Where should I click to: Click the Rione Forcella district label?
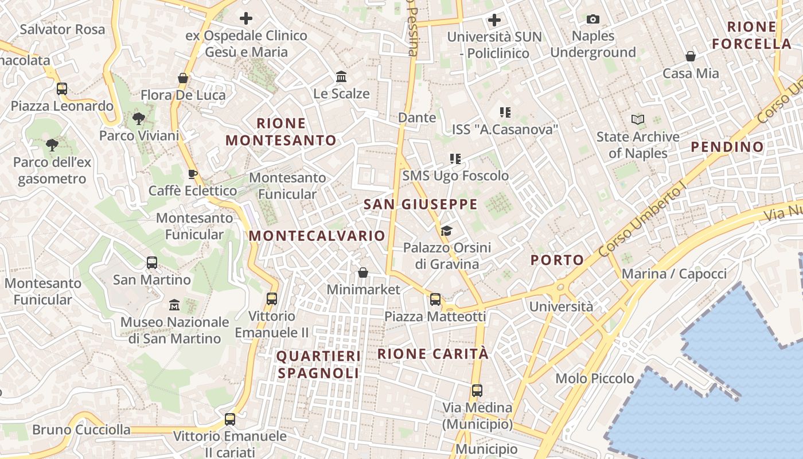[751, 35]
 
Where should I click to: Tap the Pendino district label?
[727, 147]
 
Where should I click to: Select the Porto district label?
[557, 260]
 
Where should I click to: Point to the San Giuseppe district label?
[420, 204]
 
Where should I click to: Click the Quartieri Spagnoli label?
[319, 364]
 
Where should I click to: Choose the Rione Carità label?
[433, 354]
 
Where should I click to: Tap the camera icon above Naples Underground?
[593, 20]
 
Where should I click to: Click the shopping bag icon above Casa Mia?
[691, 56]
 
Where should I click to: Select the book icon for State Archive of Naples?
[637, 120]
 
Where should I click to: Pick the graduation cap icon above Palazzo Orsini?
[446, 231]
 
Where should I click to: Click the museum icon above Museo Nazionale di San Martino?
[174, 305]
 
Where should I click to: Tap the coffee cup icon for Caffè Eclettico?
[192, 174]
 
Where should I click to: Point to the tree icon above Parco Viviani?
[138, 119]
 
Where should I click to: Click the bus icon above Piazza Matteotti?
[435, 299]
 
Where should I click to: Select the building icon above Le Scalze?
[341, 76]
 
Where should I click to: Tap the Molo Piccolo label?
[595, 379]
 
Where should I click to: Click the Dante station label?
[417, 118]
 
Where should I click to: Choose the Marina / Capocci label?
[674, 274]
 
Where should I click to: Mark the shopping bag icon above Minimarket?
[363, 273]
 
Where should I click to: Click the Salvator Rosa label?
[63, 29]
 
